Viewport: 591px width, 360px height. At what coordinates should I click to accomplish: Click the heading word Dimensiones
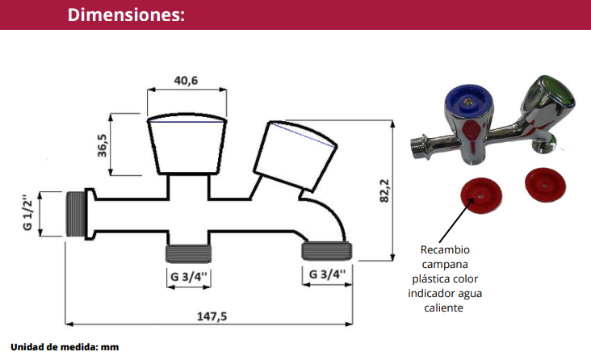point(126,15)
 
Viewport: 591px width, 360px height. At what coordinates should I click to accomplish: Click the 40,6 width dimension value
point(186,80)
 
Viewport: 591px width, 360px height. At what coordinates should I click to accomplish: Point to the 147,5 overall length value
point(212,316)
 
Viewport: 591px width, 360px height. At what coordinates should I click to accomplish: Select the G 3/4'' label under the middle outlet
point(189,276)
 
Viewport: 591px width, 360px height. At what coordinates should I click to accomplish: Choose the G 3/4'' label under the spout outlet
point(327,274)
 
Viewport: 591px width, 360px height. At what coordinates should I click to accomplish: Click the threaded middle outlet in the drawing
point(188,253)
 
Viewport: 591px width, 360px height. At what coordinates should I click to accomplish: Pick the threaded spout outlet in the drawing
point(327,249)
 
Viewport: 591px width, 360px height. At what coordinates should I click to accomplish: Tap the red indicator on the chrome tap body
point(473,134)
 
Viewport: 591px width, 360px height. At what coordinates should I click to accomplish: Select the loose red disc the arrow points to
point(476,194)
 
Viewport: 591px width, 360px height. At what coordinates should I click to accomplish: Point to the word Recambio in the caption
point(445,249)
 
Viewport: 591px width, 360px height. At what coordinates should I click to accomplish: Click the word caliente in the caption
point(446,308)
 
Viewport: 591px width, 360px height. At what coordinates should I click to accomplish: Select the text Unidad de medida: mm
point(65,347)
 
